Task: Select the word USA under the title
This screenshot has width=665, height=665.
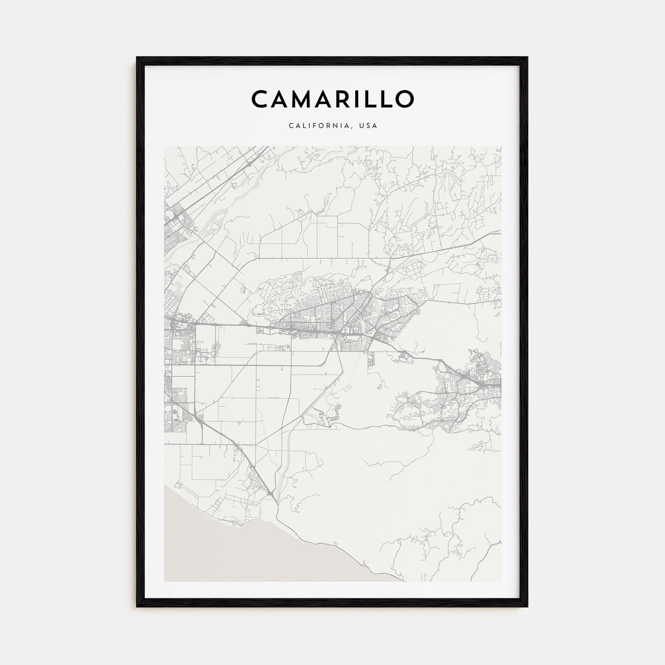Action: [369, 126]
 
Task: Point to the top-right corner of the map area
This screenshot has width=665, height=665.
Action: [501, 146]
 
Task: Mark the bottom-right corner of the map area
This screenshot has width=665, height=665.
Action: [501, 581]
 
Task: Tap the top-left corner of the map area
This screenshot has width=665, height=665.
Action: [164, 146]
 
